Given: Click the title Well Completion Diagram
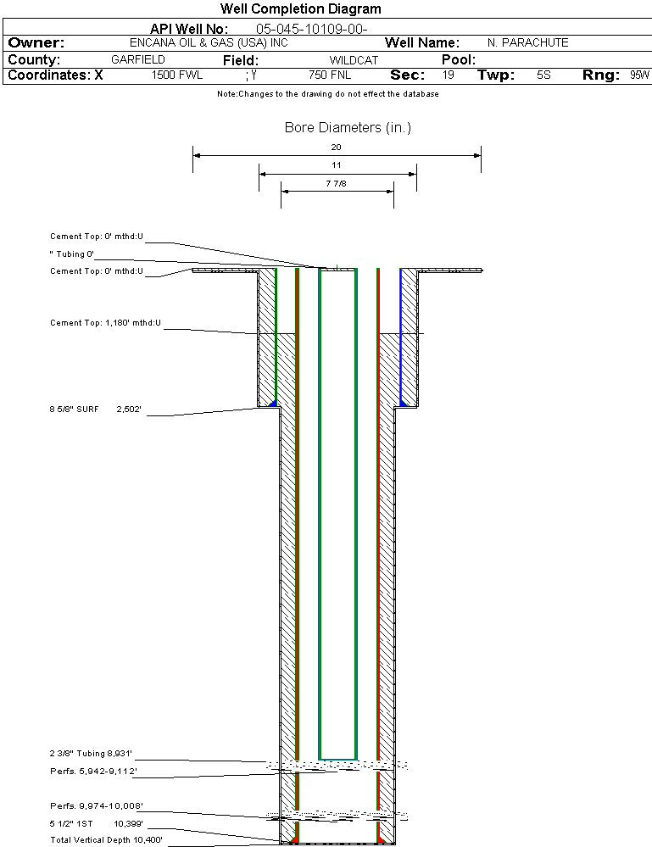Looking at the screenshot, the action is pyautogui.click(x=300, y=8).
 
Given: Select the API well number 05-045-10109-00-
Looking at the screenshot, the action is pyautogui.click(x=312, y=29).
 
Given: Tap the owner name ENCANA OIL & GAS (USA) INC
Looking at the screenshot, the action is pyautogui.click(x=209, y=42).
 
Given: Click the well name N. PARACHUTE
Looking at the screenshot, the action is pyautogui.click(x=527, y=42).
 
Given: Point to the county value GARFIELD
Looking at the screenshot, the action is pyautogui.click(x=137, y=59).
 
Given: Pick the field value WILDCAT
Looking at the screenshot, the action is pyautogui.click(x=354, y=60).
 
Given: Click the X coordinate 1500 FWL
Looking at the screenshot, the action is pyautogui.click(x=177, y=75).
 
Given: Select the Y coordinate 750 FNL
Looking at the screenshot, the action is pyautogui.click(x=330, y=75).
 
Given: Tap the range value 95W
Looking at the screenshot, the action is pyautogui.click(x=639, y=75).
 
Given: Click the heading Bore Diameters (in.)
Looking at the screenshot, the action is pyautogui.click(x=348, y=127).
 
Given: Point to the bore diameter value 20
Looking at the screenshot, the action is pyautogui.click(x=336, y=147).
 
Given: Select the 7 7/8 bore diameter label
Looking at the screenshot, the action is pyautogui.click(x=336, y=184).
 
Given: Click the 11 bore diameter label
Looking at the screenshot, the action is pyautogui.click(x=336, y=165).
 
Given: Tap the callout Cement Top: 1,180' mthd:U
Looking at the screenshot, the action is pyautogui.click(x=105, y=323).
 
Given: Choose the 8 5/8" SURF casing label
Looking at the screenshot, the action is pyautogui.click(x=74, y=410).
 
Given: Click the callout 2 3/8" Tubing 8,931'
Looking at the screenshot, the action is pyautogui.click(x=91, y=754).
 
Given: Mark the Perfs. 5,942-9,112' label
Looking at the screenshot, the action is pyautogui.click(x=93, y=772).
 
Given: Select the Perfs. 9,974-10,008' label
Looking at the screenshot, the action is pyautogui.click(x=97, y=806).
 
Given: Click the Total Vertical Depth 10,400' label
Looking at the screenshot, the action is pyautogui.click(x=107, y=840).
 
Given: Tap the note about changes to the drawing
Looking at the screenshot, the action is pyautogui.click(x=328, y=94).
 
